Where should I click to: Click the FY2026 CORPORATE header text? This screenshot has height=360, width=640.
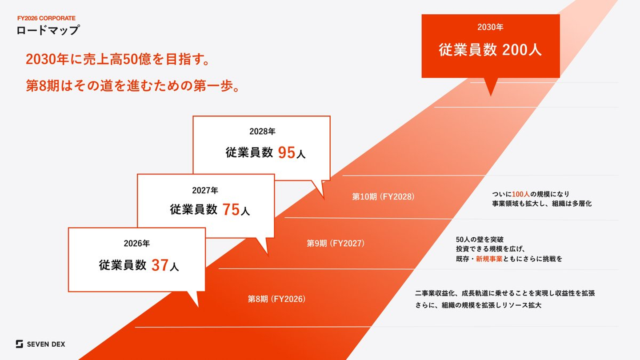(x=46, y=18)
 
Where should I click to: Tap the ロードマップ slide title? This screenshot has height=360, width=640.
(x=48, y=30)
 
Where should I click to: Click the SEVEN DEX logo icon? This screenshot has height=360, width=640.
(x=20, y=344)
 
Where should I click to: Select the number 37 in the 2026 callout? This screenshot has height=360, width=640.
(x=160, y=265)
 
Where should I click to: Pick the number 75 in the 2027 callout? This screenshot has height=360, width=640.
(x=231, y=209)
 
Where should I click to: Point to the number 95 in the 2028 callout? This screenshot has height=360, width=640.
(x=287, y=152)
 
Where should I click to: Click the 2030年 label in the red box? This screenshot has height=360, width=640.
(x=490, y=27)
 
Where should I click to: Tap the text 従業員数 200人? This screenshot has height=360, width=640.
(x=490, y=50)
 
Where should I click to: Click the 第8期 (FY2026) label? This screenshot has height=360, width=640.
(x=276, y=299)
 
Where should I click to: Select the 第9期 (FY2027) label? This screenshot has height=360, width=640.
(x=336, y=244)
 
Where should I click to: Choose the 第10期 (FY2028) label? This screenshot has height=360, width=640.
(x=383, y=196)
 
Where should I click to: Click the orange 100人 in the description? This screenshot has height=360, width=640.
(x=521, y=194)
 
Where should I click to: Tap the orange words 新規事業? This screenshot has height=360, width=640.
(x=489, y=259)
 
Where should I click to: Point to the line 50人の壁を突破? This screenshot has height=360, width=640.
(x=480, y=240)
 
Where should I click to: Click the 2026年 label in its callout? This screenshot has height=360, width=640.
(x=137, y=244)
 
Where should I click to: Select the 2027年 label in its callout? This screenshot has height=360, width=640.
(x=205, y=190)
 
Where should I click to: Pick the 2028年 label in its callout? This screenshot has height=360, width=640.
(x=262, y=132)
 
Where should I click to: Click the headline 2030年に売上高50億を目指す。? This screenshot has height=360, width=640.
(x=118, y=60)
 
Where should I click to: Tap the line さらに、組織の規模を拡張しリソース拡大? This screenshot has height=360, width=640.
(x=478, y=305)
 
